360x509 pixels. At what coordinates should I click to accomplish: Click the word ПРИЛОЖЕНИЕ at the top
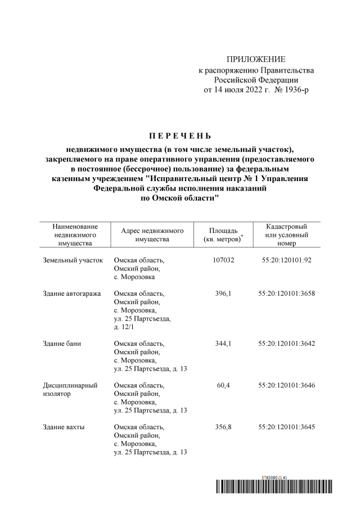[256, 60]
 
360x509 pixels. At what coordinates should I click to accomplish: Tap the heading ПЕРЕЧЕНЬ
[179, 136]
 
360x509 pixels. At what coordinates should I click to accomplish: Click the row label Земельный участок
[73, 260]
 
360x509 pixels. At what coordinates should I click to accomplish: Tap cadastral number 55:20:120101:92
[286, 260]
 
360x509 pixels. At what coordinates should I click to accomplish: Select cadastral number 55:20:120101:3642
[286, 344]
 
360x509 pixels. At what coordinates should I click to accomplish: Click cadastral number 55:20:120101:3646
[286, 385]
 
